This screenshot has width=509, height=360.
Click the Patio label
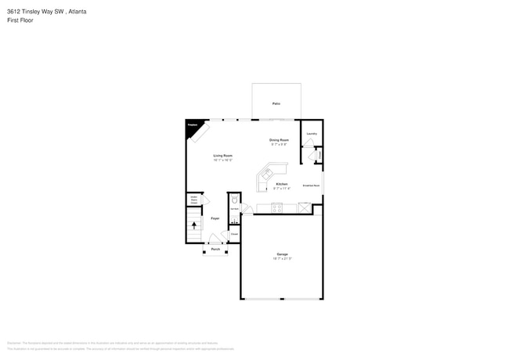click(x=276, y=103)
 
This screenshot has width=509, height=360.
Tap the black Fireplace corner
click(x=192, y=125)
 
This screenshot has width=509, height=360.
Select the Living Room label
click(x=222, y=156)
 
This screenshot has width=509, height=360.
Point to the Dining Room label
click(x=280, y=140)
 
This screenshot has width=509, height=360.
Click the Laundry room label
click(x=312, y=134)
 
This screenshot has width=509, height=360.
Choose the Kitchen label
click(x=281, y=184)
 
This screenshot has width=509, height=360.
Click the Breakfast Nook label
click(x=311, y=185)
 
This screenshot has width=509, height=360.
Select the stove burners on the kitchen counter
click(x=276, y=207)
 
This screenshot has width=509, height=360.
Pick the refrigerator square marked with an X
click(x=304, y=207)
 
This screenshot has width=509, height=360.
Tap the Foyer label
click(x=215, y=218)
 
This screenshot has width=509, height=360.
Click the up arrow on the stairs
click(x=194, y=225)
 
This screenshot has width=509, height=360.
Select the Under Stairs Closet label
click(x=193, y=200)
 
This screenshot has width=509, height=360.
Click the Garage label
click(x=282, y=254)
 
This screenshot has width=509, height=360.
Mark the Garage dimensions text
click(x=282, y=259)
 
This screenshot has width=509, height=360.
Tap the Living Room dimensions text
click(x=222, y=160)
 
